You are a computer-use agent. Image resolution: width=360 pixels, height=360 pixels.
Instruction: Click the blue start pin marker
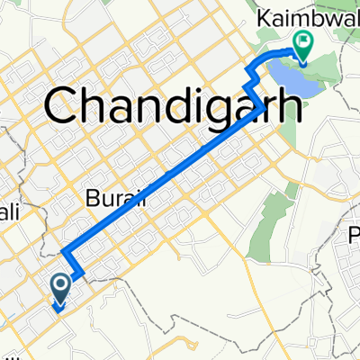61,288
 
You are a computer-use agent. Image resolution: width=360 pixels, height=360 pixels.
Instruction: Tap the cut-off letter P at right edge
354,237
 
